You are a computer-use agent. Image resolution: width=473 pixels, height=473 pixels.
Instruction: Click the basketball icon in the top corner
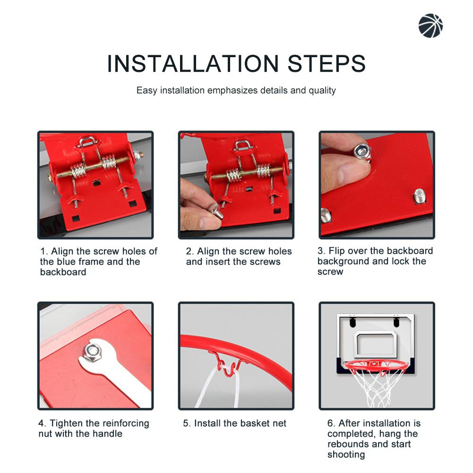click(430, 25)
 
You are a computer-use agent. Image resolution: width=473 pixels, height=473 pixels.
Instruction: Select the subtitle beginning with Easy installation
click(236, 90)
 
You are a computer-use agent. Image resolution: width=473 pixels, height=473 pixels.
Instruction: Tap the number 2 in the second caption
click(189, 251)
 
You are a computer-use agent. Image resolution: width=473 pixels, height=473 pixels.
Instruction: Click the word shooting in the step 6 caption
click(346, 455)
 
